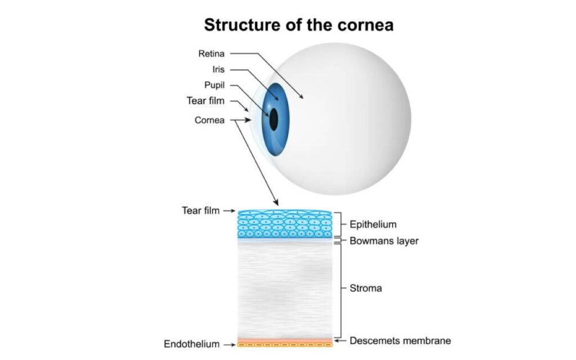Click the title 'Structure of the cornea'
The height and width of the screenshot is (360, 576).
point(299,25)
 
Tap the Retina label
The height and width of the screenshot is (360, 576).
point(211,53)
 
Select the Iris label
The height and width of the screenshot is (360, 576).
point(218,69)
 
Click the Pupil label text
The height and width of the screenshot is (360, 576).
point(214,85)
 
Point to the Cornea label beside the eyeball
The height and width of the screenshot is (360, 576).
point(209,120)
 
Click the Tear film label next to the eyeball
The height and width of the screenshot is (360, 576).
point(205,101)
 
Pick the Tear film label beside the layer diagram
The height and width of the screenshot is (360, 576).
point(201,210)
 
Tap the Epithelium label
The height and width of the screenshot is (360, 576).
point(373,224)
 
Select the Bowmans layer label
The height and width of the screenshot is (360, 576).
point(384,241)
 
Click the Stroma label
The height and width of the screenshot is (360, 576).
point(366,288)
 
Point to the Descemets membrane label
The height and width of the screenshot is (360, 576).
point(400,340)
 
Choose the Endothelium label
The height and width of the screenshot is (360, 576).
point(191,344)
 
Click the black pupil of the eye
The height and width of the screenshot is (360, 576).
point(273,119)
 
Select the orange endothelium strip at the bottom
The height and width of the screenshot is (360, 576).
point(285,345)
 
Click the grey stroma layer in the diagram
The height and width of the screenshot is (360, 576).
point(285,290)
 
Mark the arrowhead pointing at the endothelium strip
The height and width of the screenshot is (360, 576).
point(232,345)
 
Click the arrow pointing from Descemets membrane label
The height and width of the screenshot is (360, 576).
point(340,340)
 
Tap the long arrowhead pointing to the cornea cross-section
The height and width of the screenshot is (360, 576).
point(276,202)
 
